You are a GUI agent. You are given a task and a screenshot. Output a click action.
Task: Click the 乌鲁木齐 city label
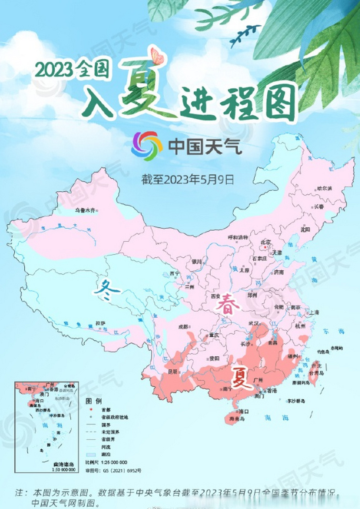tap(85, 210)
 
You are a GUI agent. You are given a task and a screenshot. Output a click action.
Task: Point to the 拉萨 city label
tap(100, 323)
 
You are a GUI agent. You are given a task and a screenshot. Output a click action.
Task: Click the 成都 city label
tap(183, 326)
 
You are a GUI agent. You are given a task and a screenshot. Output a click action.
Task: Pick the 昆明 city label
tap(172, 371)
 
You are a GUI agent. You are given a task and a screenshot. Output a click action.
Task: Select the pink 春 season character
tap(228, 305)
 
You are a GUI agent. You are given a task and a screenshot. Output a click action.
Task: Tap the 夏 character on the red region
tap(240, 378)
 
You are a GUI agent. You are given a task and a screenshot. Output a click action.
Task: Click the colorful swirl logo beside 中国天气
tap(147, 146)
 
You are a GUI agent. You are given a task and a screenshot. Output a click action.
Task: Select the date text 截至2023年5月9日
tap(188, 180)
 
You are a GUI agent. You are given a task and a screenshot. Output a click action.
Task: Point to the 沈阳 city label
tap(306, 229)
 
